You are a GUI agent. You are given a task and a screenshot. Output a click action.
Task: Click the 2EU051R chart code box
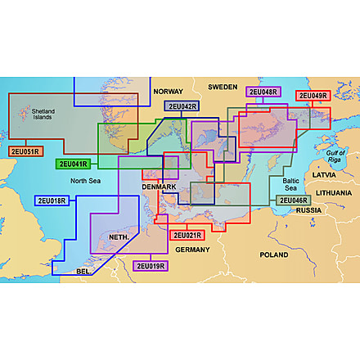click(x=25, y=151)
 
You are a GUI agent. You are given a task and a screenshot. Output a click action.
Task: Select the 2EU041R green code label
click(x=72, y=164)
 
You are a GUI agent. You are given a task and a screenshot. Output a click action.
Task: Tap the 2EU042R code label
click(x=180, y=106)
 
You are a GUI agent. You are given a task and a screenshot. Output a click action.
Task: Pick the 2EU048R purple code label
click(x=263, y=92)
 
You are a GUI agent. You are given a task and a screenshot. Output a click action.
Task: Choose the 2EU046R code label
click(x=292, y=200)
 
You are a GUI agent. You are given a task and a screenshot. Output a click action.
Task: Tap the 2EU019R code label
click(x=150, y=266)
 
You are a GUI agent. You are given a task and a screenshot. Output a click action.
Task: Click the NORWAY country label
click(x=168, y=92)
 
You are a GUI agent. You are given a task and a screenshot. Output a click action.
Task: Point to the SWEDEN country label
click(x=222, y=86)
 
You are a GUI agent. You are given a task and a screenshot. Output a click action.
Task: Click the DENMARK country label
click(x=159, y=187)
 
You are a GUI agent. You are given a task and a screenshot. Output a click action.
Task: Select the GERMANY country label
click(x=193, y=249)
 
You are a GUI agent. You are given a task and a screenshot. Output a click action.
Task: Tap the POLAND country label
click(x=274, y=254)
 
